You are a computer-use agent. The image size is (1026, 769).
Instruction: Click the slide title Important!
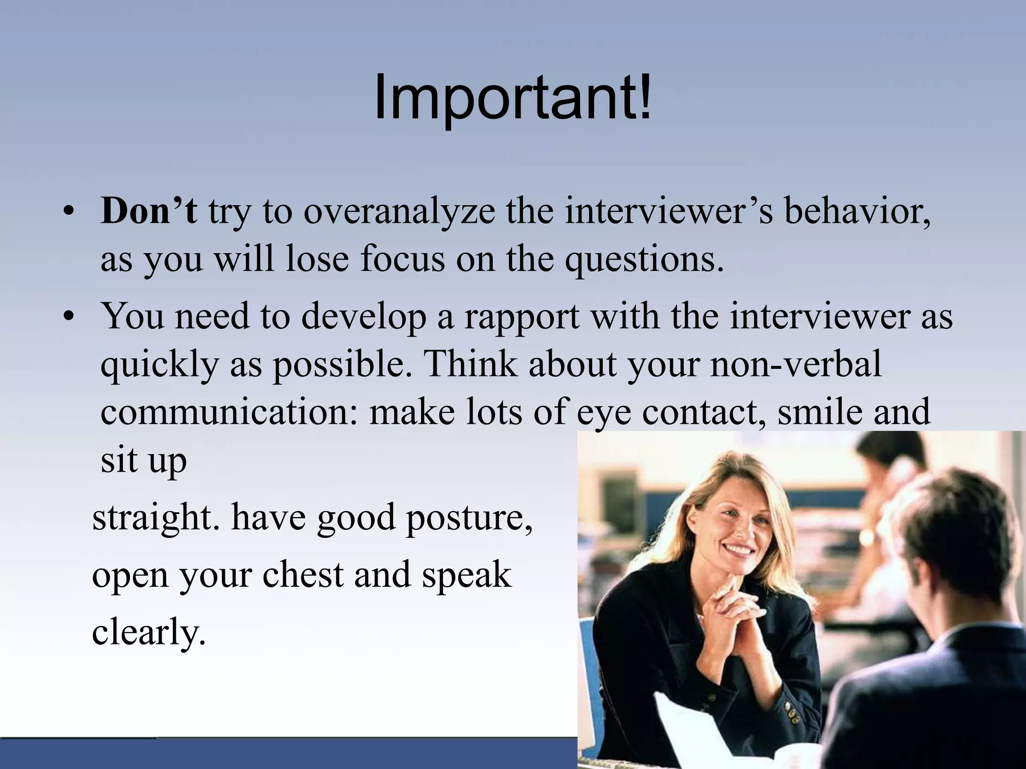coord(512,98)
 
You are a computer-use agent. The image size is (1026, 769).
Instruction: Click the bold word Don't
coord(148,211)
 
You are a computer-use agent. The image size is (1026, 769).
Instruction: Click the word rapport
coord(521,316)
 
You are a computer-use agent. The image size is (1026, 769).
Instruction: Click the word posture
coord(468,518)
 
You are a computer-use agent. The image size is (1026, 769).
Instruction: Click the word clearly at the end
coord(148,632)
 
